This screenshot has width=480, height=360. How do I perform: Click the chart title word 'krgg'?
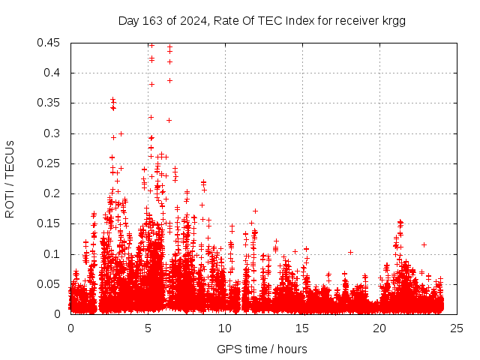(x=393, y=21)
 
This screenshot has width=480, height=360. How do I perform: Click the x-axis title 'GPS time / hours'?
(x=262, y=349)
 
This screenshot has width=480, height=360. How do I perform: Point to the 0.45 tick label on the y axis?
(x=51, y=43)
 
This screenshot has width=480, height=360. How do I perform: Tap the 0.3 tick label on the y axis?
(x=54, y=133)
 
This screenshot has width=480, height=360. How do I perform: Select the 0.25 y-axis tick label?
(x=51, y=163)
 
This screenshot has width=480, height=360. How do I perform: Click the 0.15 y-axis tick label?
(x=51, y=223)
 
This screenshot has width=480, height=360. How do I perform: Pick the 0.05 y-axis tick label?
(x=51, y=284)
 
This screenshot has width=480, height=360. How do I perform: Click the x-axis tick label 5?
(x=148, y=328)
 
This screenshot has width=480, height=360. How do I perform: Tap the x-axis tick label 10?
(x=225, y=328)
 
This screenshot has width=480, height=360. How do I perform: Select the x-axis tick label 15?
(x=302, y=328)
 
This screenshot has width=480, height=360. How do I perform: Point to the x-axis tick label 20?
(x=379, y=328)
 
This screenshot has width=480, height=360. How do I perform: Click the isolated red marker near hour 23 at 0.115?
(x=424, y=244)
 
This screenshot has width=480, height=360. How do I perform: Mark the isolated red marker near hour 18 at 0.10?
(x=350, y=252)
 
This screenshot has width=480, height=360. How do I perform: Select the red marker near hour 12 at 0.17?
(x=255, y=211)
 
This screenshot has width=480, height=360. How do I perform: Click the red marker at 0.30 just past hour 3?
(x=121, y=133)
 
